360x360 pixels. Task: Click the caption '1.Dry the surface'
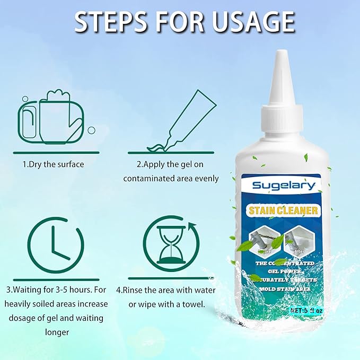click(53, 164)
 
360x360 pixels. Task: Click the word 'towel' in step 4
click(194, 304)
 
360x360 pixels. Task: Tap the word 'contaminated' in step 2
click(147, 178)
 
